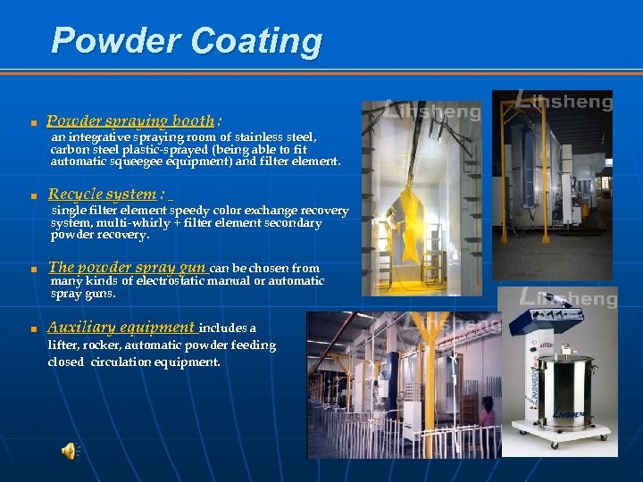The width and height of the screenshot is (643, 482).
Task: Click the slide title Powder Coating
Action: coord(187,41)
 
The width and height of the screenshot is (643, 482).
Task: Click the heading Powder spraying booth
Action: coord(130,120)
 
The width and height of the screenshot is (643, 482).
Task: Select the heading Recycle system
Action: coord(102,194)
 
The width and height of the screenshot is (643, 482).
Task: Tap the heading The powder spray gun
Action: coord(127,267)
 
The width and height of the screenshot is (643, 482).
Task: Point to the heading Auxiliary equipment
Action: coord(121,327)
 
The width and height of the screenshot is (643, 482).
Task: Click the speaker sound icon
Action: coord(69,452)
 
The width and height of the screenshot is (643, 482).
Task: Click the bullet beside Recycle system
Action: coord(32,195)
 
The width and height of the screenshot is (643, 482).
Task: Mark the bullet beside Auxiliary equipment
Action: coord(32,328)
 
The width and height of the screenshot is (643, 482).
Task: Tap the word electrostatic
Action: coord(166,280)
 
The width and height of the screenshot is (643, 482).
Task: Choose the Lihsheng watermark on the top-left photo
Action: coord(433,112)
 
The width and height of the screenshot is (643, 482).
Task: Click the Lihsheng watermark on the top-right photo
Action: coord(566,101)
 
